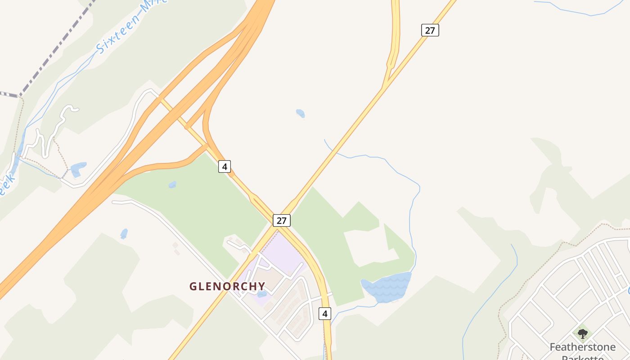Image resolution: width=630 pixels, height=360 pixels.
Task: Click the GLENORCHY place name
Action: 227,286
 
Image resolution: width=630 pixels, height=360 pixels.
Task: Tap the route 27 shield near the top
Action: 430,30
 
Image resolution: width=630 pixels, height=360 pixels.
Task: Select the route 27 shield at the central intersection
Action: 281,220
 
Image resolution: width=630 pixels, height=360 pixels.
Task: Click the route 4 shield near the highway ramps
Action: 225,166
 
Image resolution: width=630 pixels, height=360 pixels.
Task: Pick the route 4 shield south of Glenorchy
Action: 325,313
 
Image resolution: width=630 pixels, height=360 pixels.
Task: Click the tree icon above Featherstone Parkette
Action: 583,334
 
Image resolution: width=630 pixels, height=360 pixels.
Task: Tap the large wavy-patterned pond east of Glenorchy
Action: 387,286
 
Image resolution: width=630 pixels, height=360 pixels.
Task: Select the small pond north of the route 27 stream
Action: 300,113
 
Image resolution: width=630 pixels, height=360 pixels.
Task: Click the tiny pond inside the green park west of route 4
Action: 172,184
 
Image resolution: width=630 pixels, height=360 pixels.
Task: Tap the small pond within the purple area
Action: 262,294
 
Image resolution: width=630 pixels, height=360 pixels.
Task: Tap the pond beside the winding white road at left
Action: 78,170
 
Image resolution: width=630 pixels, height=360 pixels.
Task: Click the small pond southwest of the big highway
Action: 124,234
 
